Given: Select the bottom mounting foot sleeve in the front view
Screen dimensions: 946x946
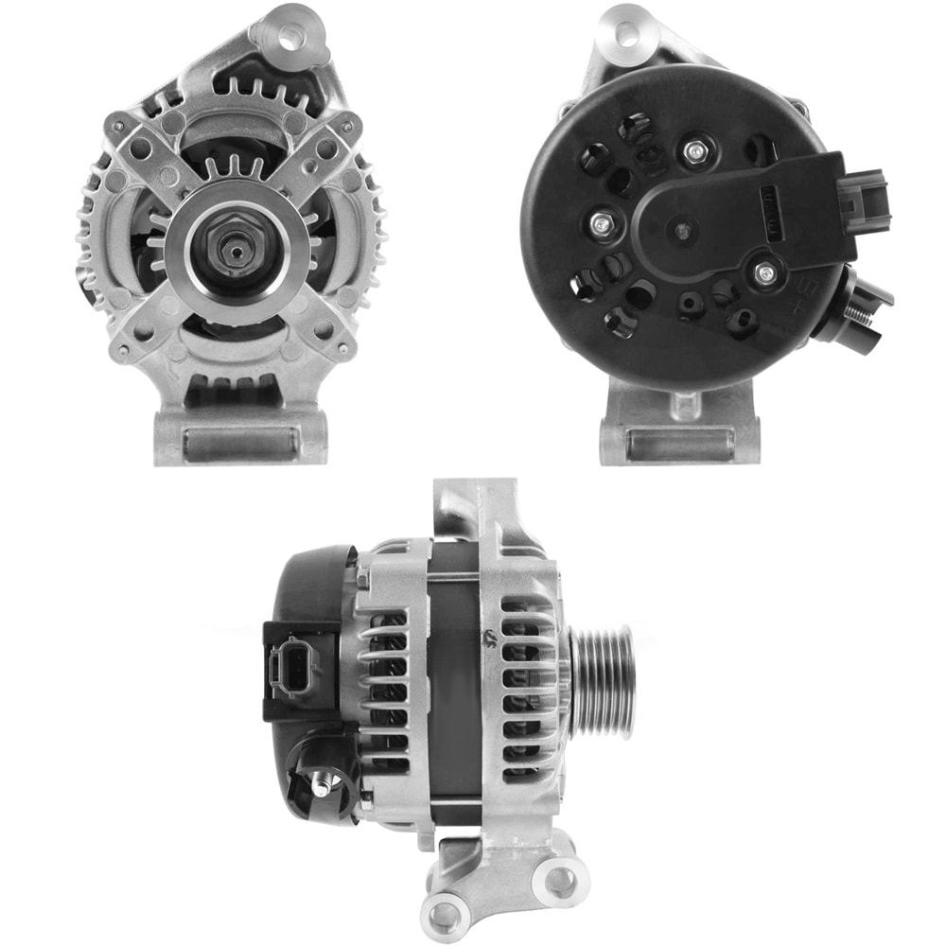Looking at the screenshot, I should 239,444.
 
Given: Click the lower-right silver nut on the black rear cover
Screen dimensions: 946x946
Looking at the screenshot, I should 763,273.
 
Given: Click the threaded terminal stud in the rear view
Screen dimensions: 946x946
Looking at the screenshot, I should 860,305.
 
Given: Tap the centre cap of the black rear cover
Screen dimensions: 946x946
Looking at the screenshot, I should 681,230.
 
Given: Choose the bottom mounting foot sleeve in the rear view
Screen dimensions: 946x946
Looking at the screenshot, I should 680,442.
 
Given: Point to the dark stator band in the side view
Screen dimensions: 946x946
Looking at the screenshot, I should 456,681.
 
